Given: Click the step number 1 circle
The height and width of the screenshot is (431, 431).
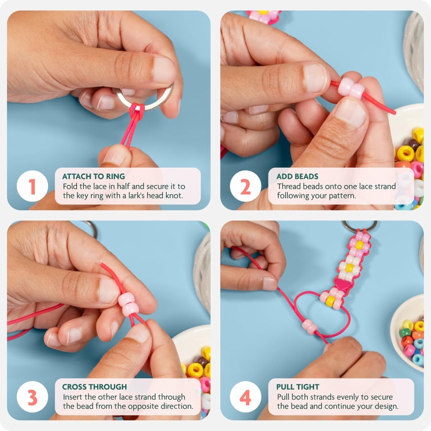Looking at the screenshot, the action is click(x=33, y=186).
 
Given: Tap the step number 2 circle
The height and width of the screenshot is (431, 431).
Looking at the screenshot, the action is click(x=245, y=186).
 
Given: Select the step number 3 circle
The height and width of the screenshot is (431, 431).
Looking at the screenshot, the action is click(x=33, y=397).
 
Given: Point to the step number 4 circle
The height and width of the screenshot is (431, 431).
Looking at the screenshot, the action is click(x=245, y=397).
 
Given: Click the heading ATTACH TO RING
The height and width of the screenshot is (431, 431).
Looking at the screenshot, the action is click(x=94, y=176).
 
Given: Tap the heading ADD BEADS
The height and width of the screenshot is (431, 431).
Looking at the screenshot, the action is click(x=297, y=176).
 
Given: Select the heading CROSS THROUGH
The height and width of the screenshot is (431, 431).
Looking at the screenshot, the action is click(x=94, y=387).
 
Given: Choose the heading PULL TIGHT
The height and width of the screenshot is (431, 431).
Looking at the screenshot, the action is click(x=297, y=387).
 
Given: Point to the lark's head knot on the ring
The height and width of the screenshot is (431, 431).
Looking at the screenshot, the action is click(x=137, y=111).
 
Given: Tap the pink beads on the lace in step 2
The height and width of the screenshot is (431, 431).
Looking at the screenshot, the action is click(x=351, y=88).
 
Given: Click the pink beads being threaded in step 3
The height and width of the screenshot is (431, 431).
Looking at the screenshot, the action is click(x=127, y=304).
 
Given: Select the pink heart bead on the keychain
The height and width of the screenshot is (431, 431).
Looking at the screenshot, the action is click(x=343, y=285).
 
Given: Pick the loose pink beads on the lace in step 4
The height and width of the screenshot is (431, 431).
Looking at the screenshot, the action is click(x=310, y=327).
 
